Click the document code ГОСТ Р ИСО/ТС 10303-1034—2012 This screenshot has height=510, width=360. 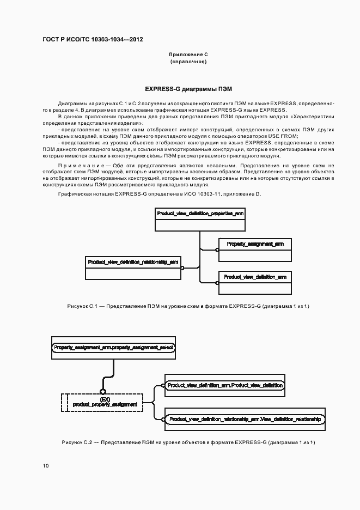click(x=93, y=40)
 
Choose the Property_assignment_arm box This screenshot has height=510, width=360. click(x=254, y=250)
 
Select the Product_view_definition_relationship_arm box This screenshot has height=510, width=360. click(x=133, y=267)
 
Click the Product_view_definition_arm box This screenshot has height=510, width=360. click(x=254, y=282)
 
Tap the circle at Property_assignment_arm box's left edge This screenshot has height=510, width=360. click(x=217, y=250)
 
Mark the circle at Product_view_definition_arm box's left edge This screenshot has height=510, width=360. click(x=217, y=282)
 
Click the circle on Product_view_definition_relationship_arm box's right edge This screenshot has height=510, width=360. click(x=182, y=268)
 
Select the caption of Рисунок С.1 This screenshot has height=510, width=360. click(x=188, y=306)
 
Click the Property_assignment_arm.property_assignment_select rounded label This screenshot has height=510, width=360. click(x=114, y=347)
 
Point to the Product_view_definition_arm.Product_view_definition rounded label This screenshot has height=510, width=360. click(x=225, y=386)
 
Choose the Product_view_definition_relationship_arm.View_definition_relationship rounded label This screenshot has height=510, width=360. click(x=245, y=419)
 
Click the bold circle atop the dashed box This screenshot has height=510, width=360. click(x=102, y=391)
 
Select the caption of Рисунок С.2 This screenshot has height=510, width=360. click(x=188, y=442)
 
